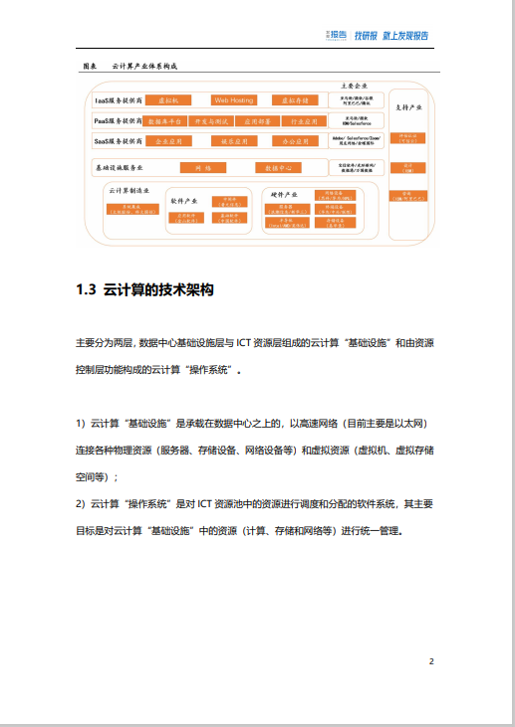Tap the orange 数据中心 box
click(x=275, y=168)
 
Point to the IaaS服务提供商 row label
click(x=118, y=100)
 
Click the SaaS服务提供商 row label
click(x=118, y=142)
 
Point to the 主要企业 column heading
click(x=355, y=86)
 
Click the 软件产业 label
click(x=184, y=200)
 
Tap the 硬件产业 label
click(x=285, y=193)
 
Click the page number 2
click(x=431, y=660)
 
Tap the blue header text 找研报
click(x=367, y=36)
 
